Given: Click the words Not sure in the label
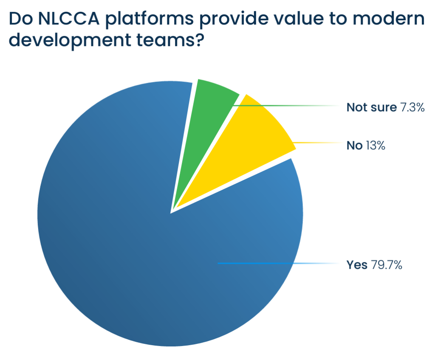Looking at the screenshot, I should [x=371, y=107].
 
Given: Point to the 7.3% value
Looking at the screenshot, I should [x=412, y=107].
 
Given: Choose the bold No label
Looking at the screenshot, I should [x=354, y=146].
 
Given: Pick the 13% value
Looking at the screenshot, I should [x=376, y=146].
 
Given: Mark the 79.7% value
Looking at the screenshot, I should [x=386, y=265].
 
